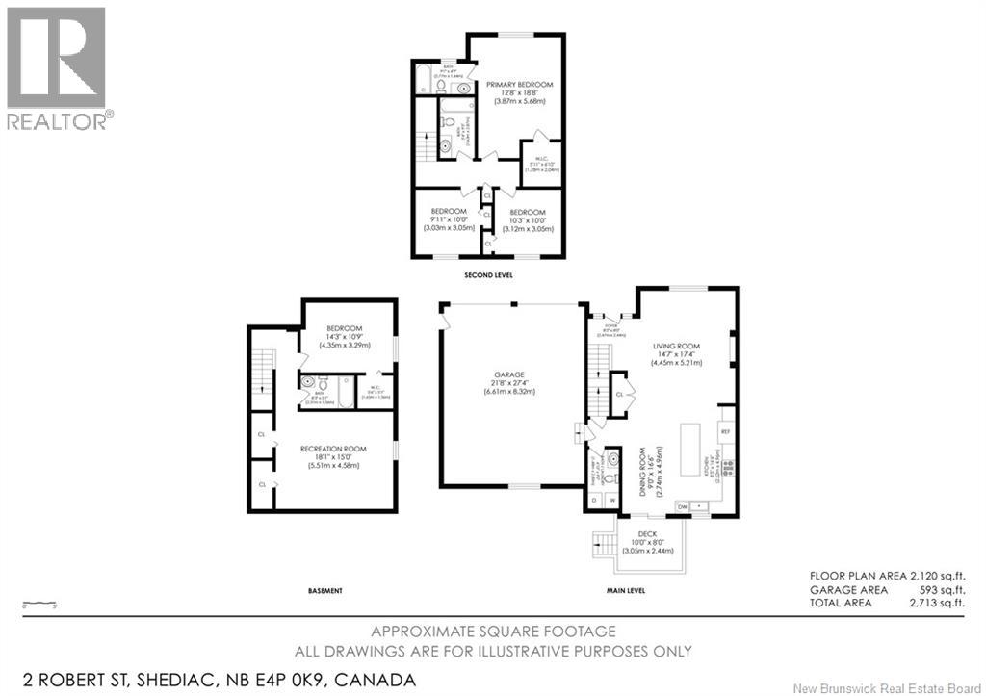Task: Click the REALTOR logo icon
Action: pyautogui.click(x=56, y=57)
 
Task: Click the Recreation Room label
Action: pyautogui.click(x=332, y=450)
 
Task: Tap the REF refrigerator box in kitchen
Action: pyautogui.click(x=726, y=432)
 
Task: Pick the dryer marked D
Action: pyautogui.click(x=595, y=500)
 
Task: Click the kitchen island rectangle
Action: pyautogui.click(x=691, y=449)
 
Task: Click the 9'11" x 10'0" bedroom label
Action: pyautogui.click(x=448, y=212)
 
